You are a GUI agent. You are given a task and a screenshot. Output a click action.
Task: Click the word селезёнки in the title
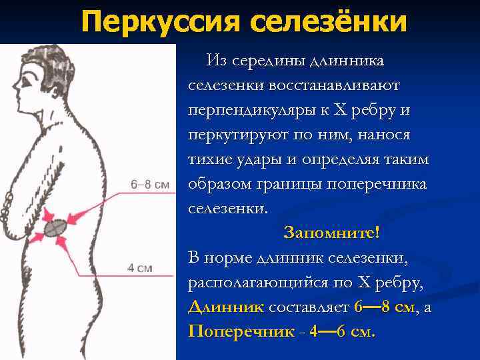click(329, 22)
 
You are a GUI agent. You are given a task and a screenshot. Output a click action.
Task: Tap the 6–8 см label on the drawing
click(151, 184)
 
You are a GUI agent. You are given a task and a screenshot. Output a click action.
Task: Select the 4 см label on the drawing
click(140, 268)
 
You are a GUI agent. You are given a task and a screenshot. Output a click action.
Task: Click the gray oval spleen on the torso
click(56, 227)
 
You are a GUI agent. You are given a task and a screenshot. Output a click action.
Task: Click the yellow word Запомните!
click(331, 232)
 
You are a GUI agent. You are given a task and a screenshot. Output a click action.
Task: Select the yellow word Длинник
click(227, 307)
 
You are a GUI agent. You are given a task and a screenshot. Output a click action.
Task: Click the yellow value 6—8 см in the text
click(383, 307)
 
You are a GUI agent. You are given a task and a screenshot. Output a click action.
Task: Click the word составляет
click(309, 307)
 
